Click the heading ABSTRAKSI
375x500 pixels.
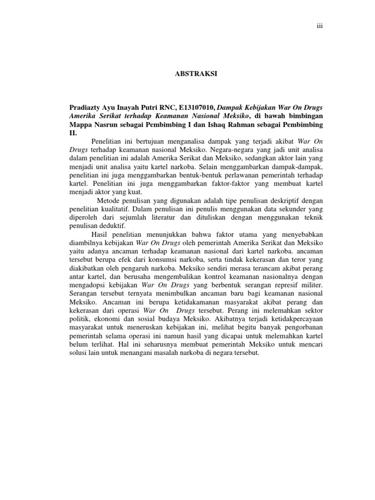click(195, 74)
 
